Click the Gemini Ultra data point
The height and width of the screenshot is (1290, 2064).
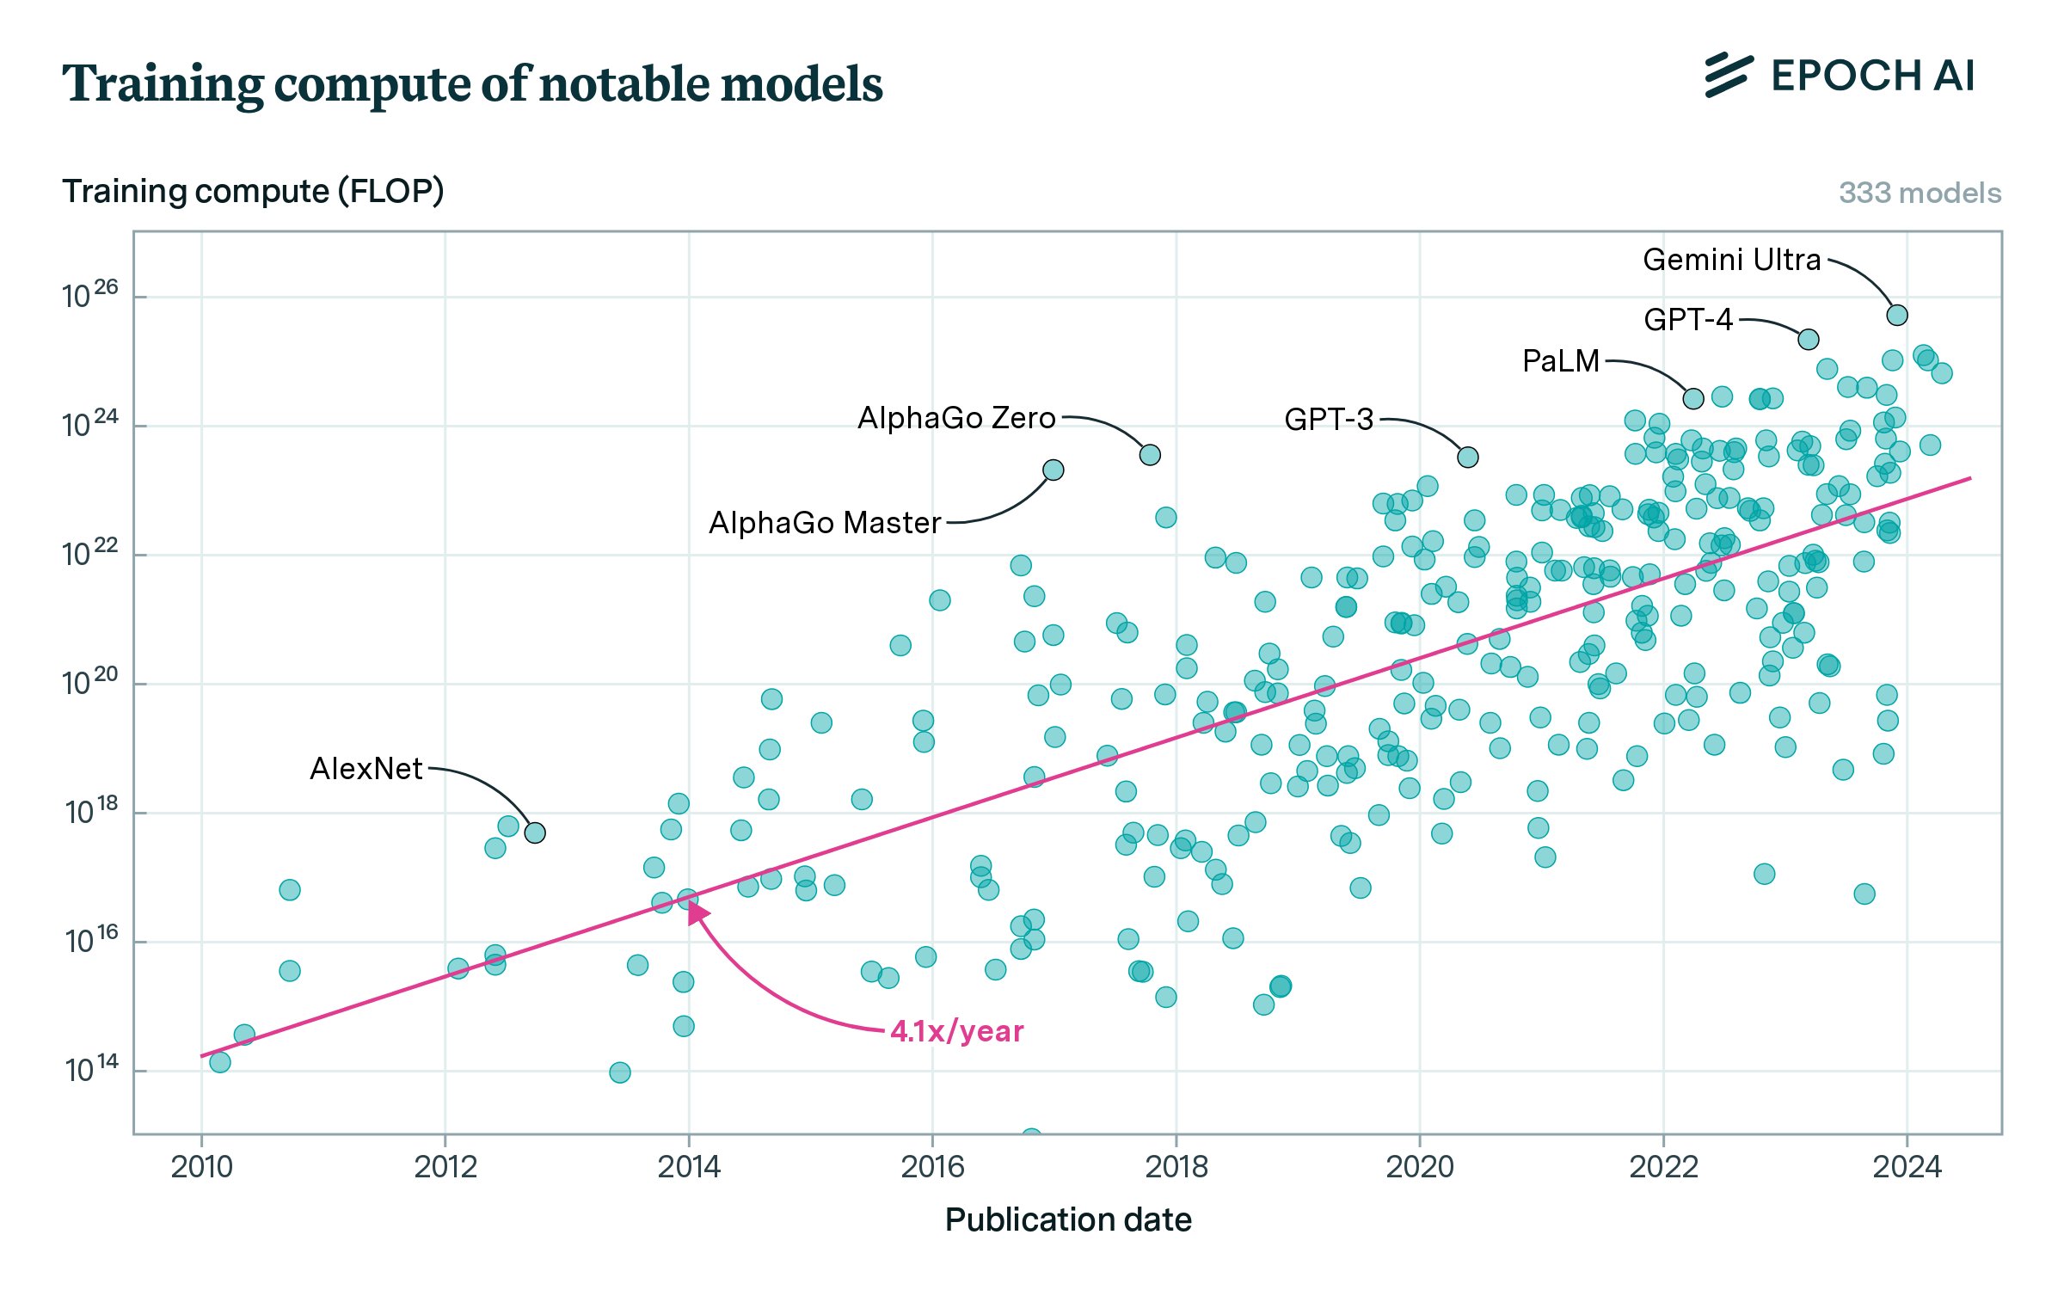pyautogui.click(x=1897, y=316)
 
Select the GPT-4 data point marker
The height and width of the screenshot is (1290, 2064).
pyautogui.click(x=1809, y=340)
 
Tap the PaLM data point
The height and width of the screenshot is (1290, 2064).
pyautogui.click(x=1693, y=399)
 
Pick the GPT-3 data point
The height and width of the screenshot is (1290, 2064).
pyautogui.click(x=1468, y=458)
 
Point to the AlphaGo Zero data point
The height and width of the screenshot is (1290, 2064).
pyautogui.click(x=1150, y=455)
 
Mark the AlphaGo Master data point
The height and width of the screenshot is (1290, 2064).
pyautogui.click(x=1053, y=470)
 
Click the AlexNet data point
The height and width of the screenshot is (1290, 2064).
pyautogui.click(x=535, y=833)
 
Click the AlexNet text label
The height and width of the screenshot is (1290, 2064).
pyautogui.click(x=366, y=769)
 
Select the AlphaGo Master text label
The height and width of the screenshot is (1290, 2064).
pyautogui.click(x=825, y=523)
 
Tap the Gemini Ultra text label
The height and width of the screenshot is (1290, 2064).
pyautogui.click(x=1732, y=260)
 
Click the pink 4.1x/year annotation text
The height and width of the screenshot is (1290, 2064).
pyautogui.click(x=957, y=1031)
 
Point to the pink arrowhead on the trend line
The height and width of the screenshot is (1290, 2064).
pyautogui.click(x=697, y=912)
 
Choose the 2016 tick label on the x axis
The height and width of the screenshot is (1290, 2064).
pyautogui.click(x=932, y=1167)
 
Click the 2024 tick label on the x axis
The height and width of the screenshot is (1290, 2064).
pyautogui.click(x=1907, y=1167)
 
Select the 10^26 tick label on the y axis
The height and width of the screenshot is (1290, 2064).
pyautogui.click(x=89, y=295)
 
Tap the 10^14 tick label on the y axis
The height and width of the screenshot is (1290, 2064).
pyautogui.click(x=91, y=1069)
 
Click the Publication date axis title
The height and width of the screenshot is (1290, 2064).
pyautogui.click(x=1068, y=1220)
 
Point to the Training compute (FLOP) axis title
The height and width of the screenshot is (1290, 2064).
pyautogui.click(x=253, y=191)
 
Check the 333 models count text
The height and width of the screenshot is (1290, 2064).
pyautogui.click(x=1920, y=193)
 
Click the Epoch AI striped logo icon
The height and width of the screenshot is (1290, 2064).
pyautogui.click(x=1729, y=76)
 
